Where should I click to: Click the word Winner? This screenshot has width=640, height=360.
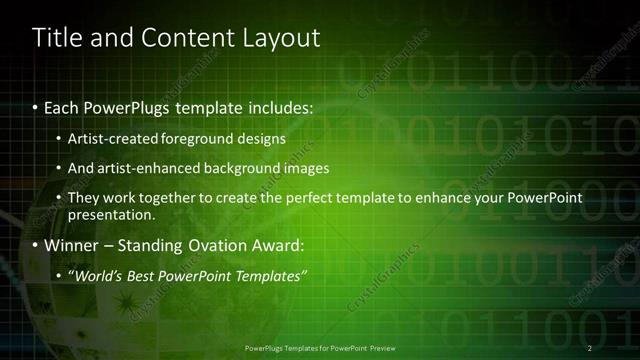pos(71,245)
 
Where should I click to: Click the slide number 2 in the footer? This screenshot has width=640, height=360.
pos(590,347)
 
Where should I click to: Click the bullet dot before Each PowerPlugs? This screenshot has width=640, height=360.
pos(36,106)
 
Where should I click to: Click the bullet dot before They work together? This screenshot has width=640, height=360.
pos(59,199)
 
